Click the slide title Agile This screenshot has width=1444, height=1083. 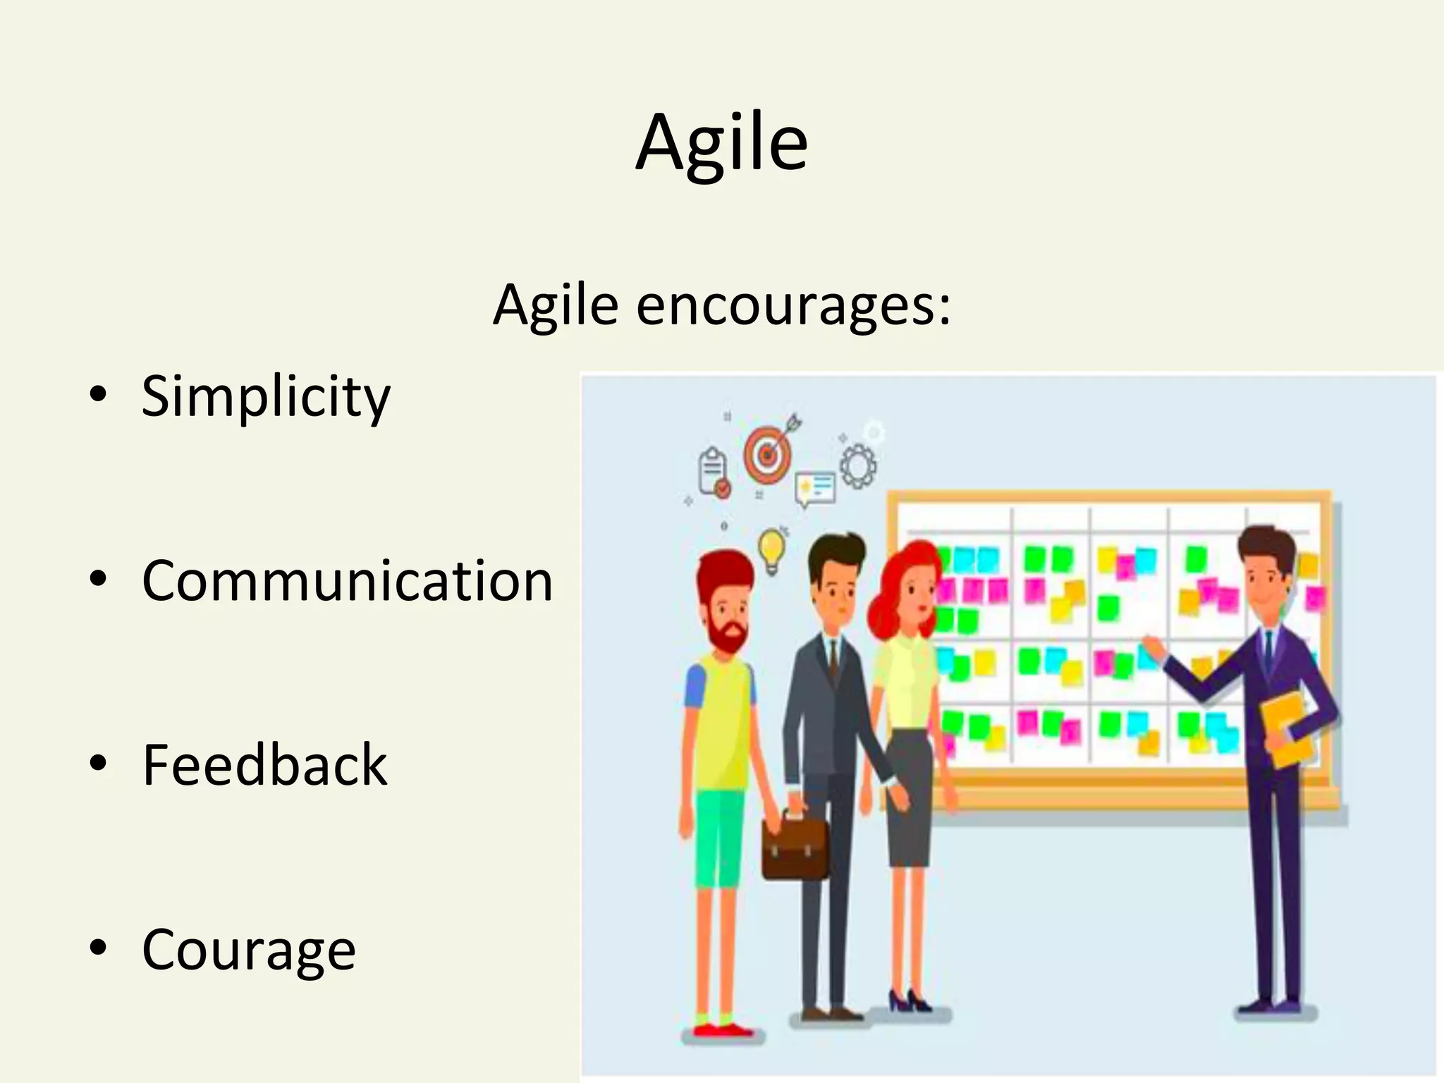coord(721,143)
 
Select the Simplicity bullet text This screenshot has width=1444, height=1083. coord(266,396)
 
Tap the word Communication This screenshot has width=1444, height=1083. coord(347,580)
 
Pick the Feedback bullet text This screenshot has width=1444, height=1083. coord(264,765)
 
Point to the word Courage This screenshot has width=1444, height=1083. coord(249,950)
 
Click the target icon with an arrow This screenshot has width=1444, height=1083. coord(769,451)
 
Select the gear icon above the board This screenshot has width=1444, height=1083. coord(857,465)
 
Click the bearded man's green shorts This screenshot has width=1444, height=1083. coord(719,836)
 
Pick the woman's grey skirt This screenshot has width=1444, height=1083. coord(910,797)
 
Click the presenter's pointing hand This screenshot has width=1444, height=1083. coord(1151,645)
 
